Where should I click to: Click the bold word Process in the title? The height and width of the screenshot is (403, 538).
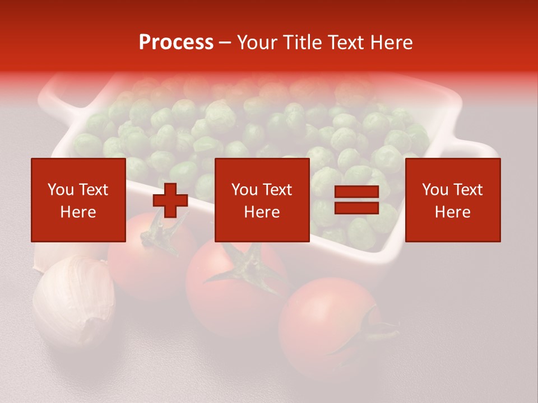tap(176, 43)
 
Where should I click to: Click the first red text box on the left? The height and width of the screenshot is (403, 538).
tap(78, 200)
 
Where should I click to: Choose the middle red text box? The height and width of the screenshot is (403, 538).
tap(262, 200)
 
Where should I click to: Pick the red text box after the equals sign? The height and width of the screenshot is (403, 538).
tap(452, 200)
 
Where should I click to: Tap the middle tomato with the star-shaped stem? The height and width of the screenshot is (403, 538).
tap(235, 291)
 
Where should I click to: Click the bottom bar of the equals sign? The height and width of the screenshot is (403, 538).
tap(356, 208)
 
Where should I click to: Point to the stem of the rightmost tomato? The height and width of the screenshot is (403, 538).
tap(373, 330)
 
